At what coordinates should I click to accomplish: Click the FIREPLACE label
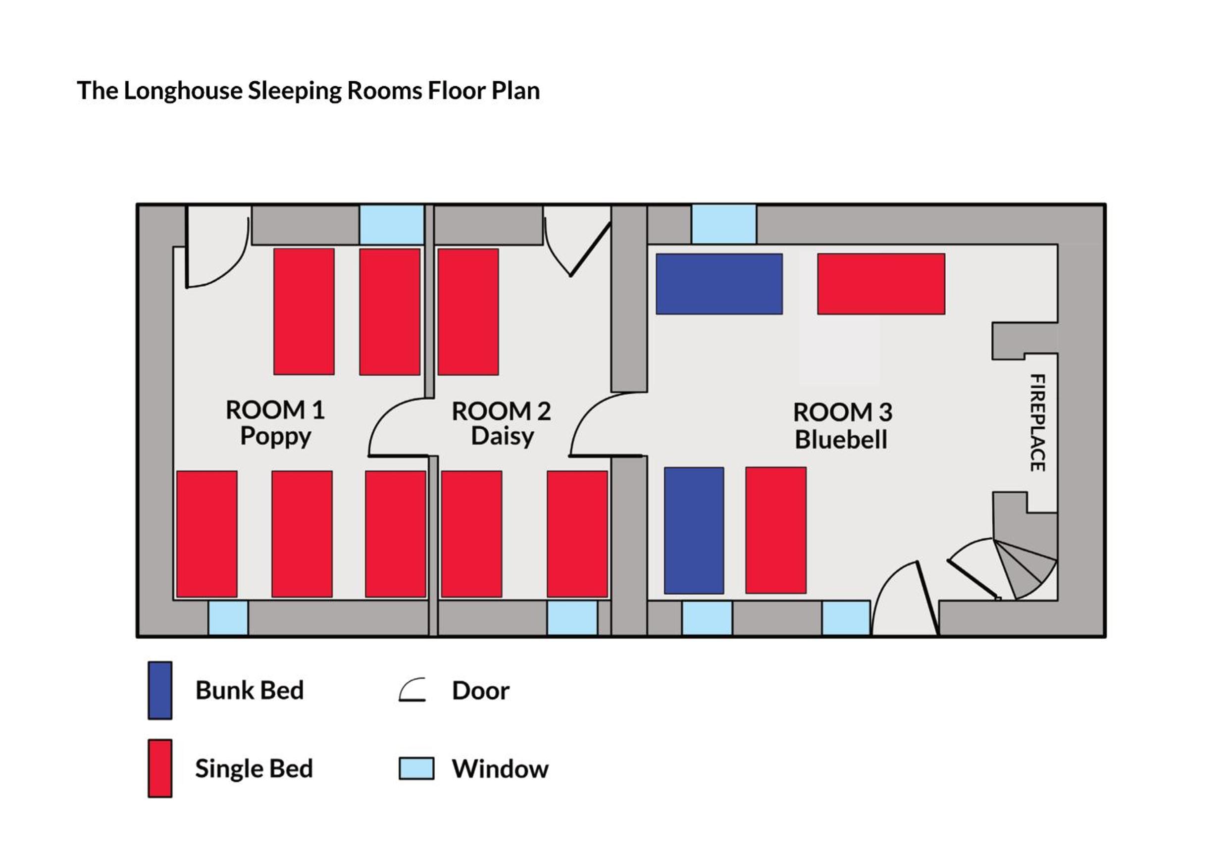(x=1037, y=422)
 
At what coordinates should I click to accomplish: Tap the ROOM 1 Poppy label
(x=275, y=423)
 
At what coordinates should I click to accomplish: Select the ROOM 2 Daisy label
(x=502, y=423)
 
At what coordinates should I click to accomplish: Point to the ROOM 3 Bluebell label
(x=842, y=426)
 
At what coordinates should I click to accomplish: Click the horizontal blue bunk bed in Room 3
(x=719, y=284)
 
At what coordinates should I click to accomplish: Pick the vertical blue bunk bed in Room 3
(x=694, y=530)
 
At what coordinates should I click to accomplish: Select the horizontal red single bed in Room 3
(x=881, y=284)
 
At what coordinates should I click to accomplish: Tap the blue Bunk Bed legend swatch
(x=160, y=690)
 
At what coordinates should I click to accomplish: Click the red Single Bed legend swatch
(x=160, y=768)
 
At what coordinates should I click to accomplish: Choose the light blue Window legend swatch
(x=416, y=768)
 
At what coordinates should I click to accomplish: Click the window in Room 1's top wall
(x=392, y=225)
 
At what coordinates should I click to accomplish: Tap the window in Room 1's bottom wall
(x=228, y=618)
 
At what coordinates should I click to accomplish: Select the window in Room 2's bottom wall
(x=572, y=618)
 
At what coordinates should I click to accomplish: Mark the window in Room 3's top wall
(x=723, y=224)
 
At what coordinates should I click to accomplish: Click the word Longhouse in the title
(x=183, y=91)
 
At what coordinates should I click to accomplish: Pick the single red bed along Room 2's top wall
(x=468, y=312)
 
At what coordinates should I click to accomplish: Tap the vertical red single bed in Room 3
(x=776, y=530)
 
